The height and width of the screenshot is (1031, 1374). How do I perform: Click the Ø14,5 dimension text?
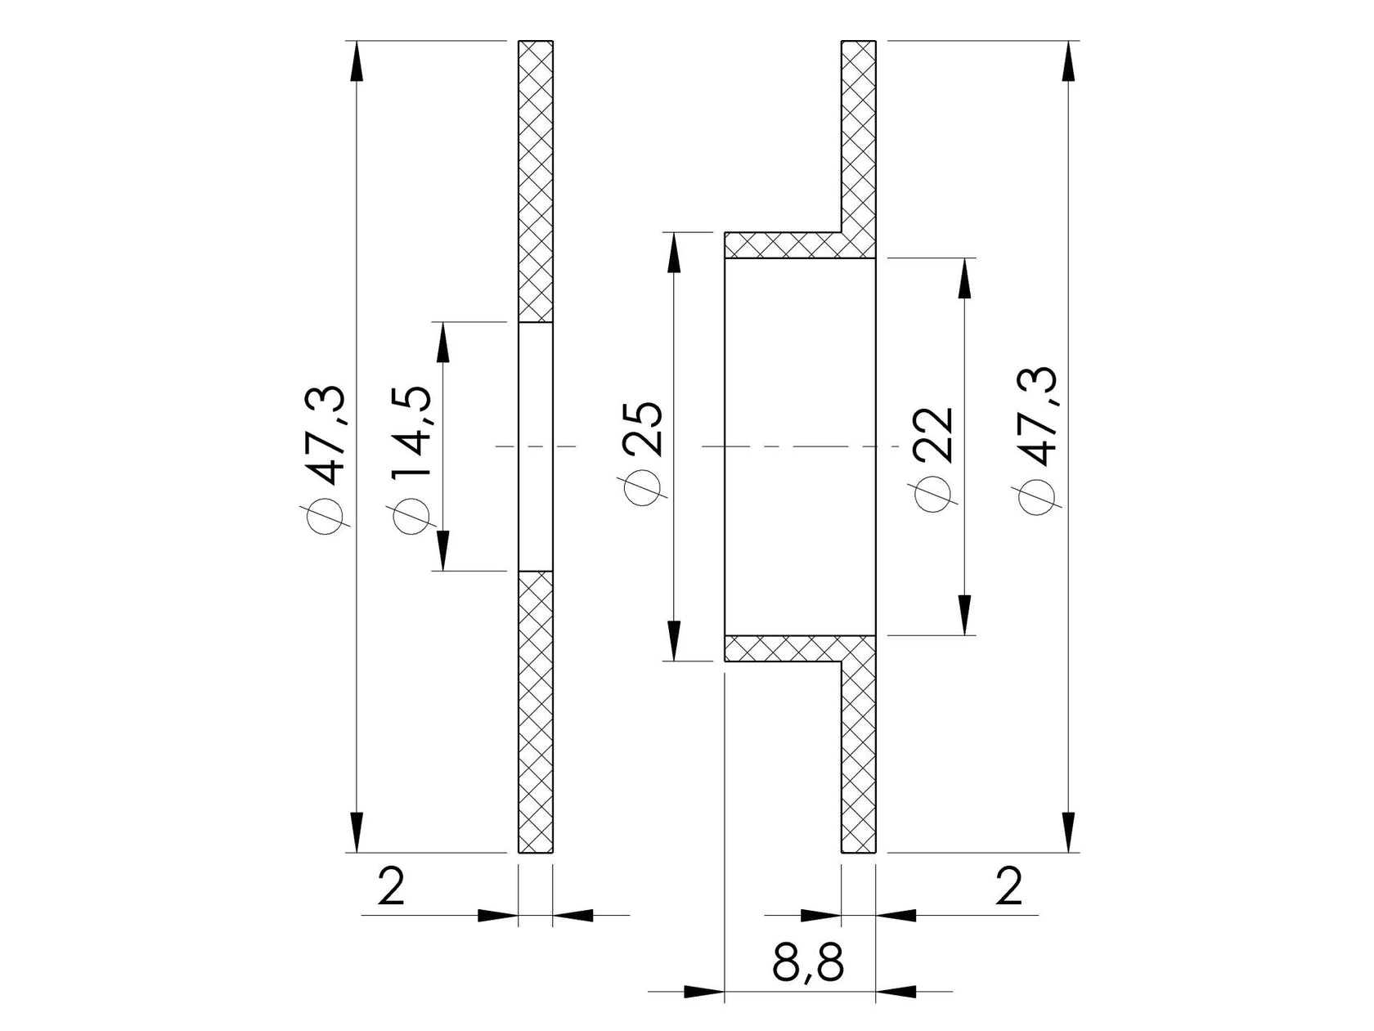pyautogui.click(x=411, y=446)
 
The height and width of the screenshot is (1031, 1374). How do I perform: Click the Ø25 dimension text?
pyautogui.click(x=642, y=454)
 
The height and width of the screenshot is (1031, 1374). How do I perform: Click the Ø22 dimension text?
pyautogui.click(x=934, y=458)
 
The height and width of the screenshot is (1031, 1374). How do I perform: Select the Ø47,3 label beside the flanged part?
pyautogui.click(x=1034, y=442)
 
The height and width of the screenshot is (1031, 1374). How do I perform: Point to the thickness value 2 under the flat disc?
pyautogui.click(x=392, y=886)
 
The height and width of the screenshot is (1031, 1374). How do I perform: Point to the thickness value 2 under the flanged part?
pyautogui.click(x=1009, y=886)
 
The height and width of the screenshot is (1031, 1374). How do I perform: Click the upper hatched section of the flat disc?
pyautogui.click(x=536, y=180)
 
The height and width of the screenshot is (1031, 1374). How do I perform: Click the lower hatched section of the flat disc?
pyautogui.click(x=536, y=711)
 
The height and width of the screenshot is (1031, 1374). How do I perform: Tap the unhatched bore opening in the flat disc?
pyautogui.click(x=536, y=446)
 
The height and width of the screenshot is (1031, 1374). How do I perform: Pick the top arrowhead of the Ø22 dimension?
pyautogui.click(x=965, y=278)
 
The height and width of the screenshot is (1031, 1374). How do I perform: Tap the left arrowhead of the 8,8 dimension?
pyautogui.click(x=703, y=992)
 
